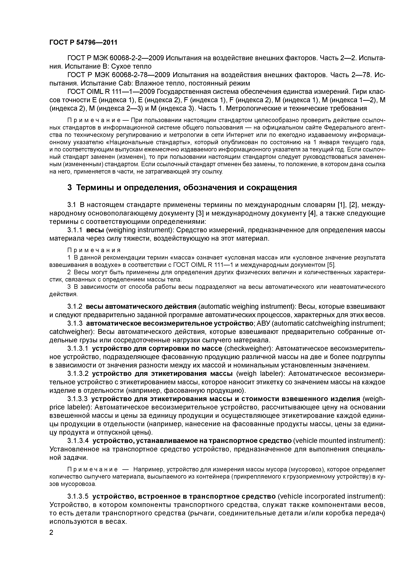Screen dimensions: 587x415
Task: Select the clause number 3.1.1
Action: click(x=75, y=230)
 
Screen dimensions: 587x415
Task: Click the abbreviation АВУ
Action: click(x=262, y=323)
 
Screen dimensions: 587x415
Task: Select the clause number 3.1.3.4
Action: click(x=78, y=441)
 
